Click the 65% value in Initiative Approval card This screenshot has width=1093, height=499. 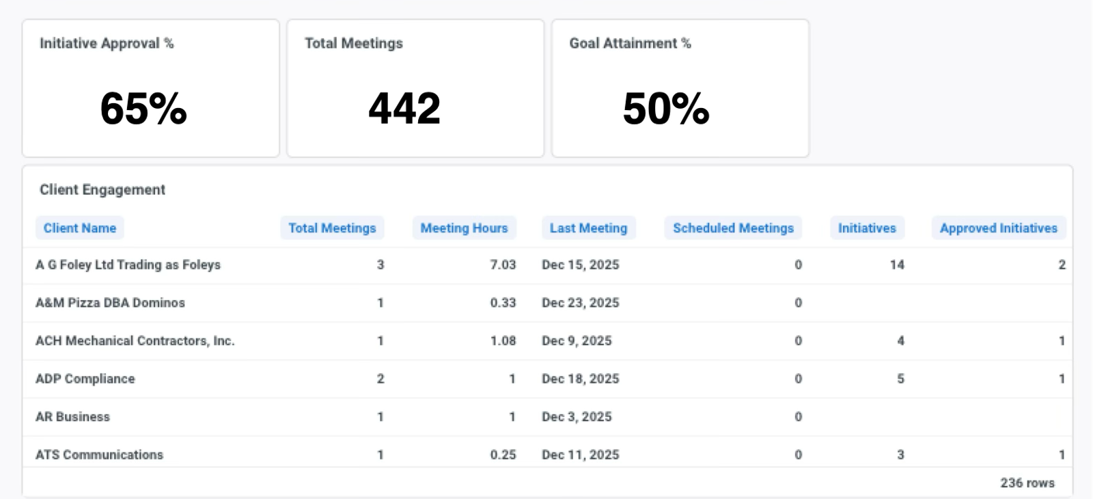tap(143, 109)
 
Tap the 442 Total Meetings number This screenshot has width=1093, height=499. tap(404, 109)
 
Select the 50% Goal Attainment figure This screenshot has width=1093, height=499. tap(666, 109)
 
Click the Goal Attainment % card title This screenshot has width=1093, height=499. tap(630, 44)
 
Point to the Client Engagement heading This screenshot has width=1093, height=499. tap(102, 189)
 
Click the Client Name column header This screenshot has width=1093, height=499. tap(79, 228)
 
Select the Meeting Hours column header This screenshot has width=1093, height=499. tap(464, 228)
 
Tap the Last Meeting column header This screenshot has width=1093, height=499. tap(588, 228)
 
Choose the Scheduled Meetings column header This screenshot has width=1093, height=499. tap(734, 228)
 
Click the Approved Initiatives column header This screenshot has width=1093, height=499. tap(998, 228)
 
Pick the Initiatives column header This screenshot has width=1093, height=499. tap(867, 228)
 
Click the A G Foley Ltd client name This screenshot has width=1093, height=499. tap(128, 265)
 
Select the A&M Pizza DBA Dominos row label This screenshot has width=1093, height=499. tap(110, 303)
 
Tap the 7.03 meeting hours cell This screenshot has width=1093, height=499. tap(503, 265)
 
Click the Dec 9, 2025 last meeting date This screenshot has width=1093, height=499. tap(577, 341)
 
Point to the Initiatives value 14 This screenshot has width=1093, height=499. tap(897, 265)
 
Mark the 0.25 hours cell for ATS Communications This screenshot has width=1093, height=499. tap(503, 455)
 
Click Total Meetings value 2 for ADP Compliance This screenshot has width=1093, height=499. tap(381, 379)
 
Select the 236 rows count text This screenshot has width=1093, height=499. tap(1027, 483)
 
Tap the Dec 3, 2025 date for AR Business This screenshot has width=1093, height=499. tap(577, 417)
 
